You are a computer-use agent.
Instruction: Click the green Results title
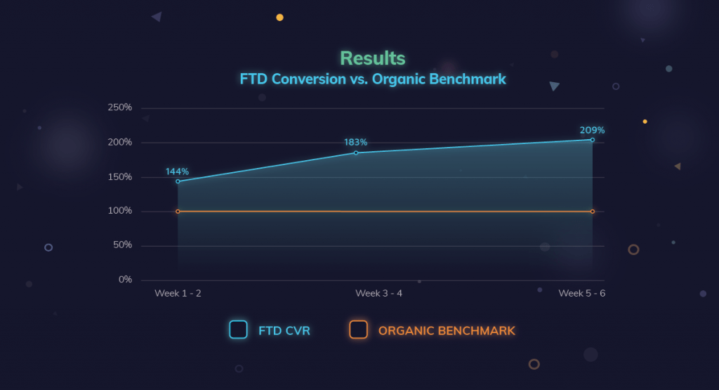tap(373, 58)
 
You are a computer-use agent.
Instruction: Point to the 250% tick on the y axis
tap(119, 108)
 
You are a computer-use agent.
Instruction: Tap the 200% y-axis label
tap(119, 142)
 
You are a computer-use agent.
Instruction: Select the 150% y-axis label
tap(119, 176)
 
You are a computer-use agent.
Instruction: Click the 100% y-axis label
tap(119, 211)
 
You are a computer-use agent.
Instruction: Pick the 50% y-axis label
tap(122, 245)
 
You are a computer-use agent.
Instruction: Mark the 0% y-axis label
tap(125, 280)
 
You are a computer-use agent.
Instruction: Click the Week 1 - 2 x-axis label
tap(178, 293)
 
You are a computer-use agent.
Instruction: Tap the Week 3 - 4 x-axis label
tap(378, 293)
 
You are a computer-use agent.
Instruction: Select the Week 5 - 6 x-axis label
tap(581, 293)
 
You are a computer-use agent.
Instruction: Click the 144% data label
tap(177, 171)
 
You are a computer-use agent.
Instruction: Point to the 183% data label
tap(355, 143)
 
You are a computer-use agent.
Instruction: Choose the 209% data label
tap(592, 130)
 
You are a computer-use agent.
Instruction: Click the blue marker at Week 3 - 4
tap(356, 152)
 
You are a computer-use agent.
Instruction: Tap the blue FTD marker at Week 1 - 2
tap(178, 181)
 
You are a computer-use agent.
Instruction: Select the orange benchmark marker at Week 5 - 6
tap(593, 212)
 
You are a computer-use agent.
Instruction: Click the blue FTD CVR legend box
tap(238, 330)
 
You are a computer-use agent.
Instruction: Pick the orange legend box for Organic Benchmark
tap(359, 330)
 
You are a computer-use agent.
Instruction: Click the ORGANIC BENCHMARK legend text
tap(447, 330)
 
